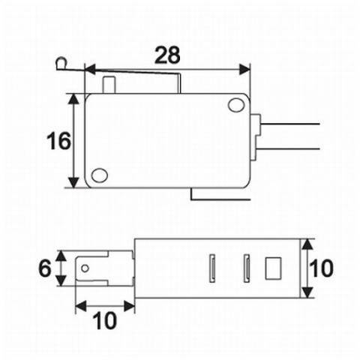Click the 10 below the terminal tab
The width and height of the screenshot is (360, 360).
(106, 320)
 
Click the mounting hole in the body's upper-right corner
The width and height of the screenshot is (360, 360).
(236, 104)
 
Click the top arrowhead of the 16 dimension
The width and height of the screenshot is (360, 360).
(73, 98)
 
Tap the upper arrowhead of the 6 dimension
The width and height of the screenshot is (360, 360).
(63, 256)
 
